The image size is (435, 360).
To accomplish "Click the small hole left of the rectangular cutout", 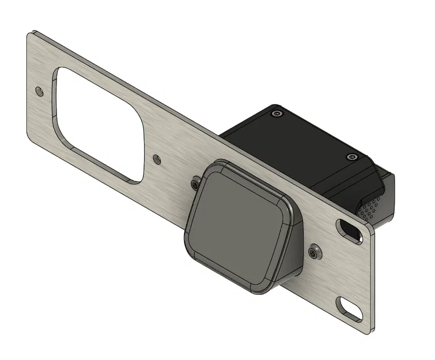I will pos(39,91).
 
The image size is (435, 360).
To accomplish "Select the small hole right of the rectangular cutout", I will pos(157,157).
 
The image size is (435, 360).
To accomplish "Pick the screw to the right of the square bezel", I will pos(315,251).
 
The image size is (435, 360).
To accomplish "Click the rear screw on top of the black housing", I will pos(277,114).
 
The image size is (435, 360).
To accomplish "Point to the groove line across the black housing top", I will pos(323,167).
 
